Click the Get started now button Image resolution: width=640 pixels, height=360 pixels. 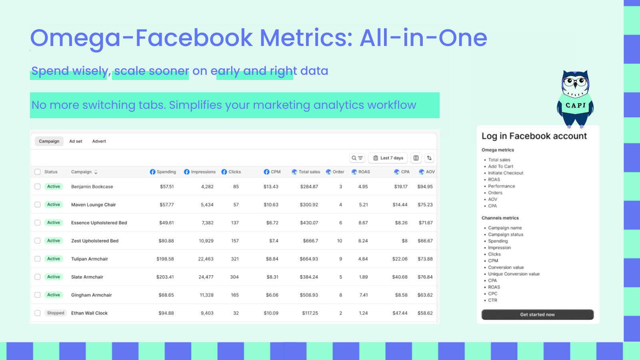pyautogui.click(x=537, y=314)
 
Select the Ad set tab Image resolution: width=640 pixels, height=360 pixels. pyautogui.click(x=76, y=141)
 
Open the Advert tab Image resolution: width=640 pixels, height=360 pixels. pyautogui.click(x=99, y=141)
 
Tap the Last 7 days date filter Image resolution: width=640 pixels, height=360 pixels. pyautogui.click(x=388, y=158)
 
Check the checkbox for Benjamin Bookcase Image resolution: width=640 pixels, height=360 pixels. pyautogui.click(x=38, y=186)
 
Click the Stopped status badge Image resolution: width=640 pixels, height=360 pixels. pyautogui.click(x=56, y=313)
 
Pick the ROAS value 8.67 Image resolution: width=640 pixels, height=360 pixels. pyautogui.click(x=363, y=223)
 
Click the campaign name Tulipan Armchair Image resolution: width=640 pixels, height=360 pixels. pyautogui.click(x=90, y=259)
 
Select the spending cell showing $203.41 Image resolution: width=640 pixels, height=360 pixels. pyautogui.click(x=165, y=277)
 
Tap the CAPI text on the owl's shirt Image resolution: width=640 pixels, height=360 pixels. pyautogui.click(x=576, y=106)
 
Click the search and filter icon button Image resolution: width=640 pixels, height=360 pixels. pyautogui.click(x=357, y=158)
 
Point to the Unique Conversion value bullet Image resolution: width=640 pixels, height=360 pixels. pyautogui.click(x=514, y=274)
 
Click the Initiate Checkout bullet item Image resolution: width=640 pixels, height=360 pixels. pyautogui.click(x=506, y=173)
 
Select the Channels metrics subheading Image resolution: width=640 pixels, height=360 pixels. pyautogui.click(x=500, y=218)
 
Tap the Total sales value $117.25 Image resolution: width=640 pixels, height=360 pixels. pyautogui.click(x=310, y=313)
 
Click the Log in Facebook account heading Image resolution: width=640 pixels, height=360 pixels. pyautogui.click(x=534, y=136)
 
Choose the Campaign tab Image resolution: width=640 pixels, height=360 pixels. pyautogui.click(x=49, y=141)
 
